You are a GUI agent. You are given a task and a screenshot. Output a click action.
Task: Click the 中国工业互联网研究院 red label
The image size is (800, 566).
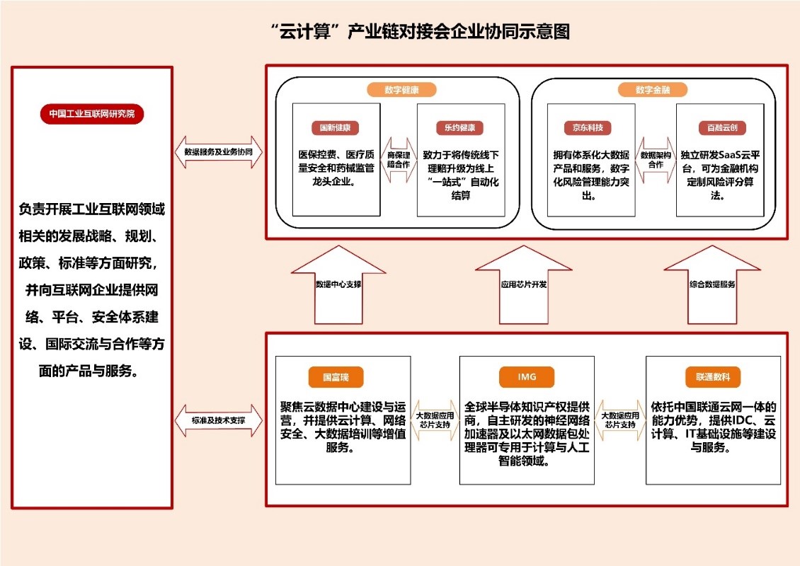pyautogui.click(x=92, y=114)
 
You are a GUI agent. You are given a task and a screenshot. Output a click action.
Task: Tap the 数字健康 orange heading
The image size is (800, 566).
pyautogui.click(x=401, y=90)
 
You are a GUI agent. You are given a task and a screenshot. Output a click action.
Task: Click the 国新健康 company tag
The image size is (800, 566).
pyautogui.click(x=335, y=129)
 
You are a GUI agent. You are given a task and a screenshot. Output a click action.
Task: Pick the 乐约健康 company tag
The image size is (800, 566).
pyautogui.click(x=459, y=129)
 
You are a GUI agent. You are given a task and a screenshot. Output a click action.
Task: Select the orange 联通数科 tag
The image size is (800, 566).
pyautogui.click(x=712, y=377)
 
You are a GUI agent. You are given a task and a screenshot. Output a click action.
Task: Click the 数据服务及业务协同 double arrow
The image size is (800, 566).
pyautogui.click(x=218, y=152)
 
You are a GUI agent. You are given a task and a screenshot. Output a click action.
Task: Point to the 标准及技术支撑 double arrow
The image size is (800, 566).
pyautogui.click(x=218, y=420)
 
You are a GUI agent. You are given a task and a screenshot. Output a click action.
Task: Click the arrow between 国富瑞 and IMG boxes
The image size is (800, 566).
pyautogui.click(x=433, y=420)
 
